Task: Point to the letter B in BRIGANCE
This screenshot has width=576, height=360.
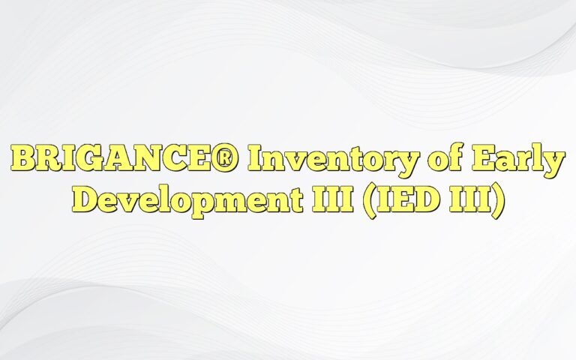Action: pos(25,160)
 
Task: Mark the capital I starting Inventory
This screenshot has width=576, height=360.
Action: pos(259,160)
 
